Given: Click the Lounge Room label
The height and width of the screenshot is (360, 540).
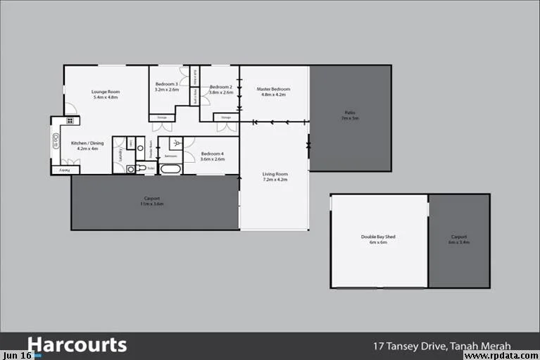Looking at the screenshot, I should [x=106, y=94].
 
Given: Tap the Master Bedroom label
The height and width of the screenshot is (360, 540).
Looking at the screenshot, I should [x=273, y=92].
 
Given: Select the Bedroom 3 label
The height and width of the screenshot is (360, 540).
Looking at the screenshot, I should [x=167, y=87].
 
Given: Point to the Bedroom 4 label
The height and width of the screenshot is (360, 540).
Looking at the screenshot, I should [x=212, y=156].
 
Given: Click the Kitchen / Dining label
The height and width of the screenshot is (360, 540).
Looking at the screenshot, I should [x=87, y=146].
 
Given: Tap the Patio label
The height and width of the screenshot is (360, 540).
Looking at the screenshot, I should [x=350, y=116].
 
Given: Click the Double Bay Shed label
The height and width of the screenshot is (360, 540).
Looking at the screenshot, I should [x=378, y=240].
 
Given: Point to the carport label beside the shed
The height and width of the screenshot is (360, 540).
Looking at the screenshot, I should [x=458, y=239].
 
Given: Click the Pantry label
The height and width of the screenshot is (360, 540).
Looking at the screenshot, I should [x=63, y=170].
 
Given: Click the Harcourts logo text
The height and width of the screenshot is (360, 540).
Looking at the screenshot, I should [x=77, y=345].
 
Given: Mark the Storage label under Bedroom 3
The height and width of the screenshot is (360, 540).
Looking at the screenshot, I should [x=162, y=117].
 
